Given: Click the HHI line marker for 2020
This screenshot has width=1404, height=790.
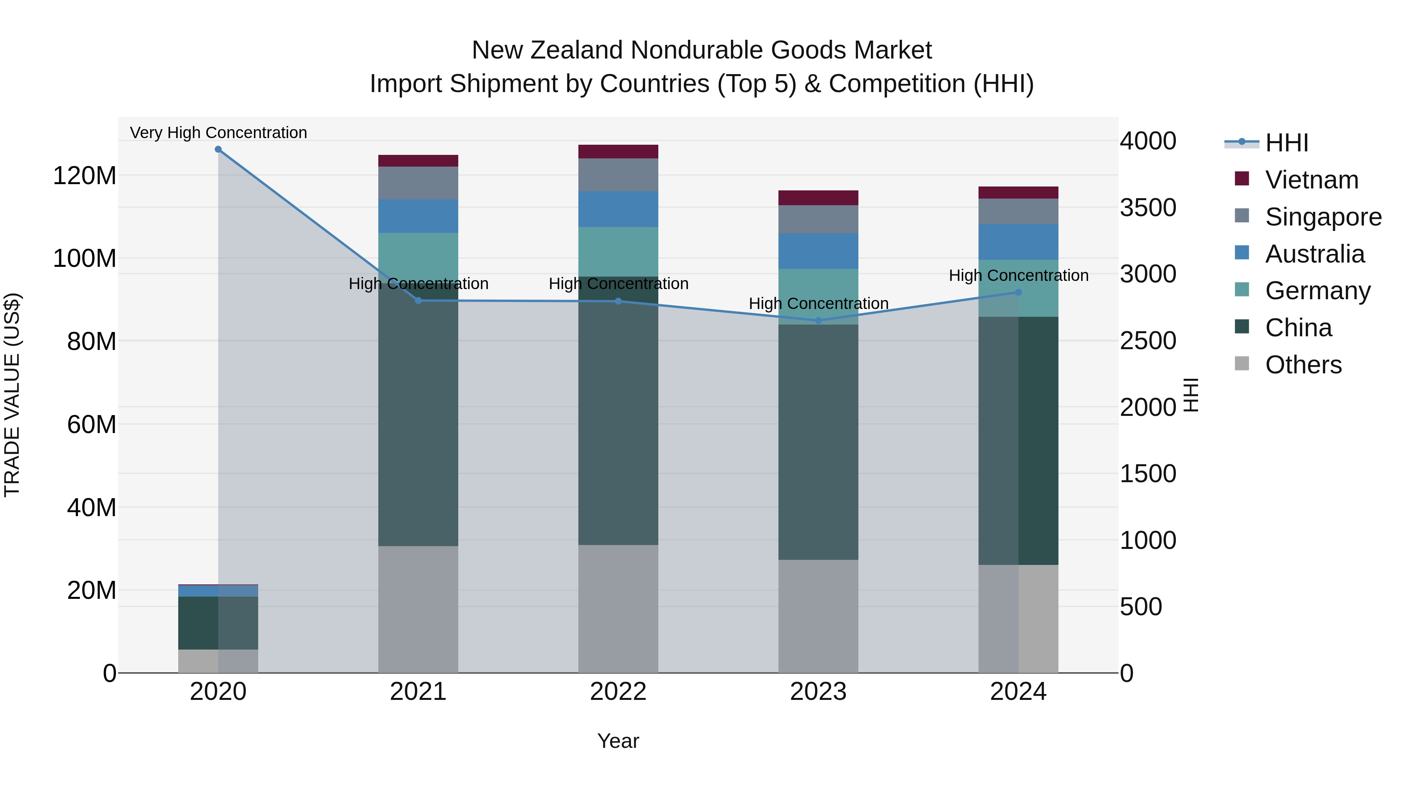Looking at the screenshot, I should pos(218,149).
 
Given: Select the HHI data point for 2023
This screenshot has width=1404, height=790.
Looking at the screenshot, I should pos(818,321).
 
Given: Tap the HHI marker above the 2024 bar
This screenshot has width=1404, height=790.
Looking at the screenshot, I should pos(1018,292).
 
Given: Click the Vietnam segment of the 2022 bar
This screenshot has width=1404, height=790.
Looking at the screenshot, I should pos(618,152).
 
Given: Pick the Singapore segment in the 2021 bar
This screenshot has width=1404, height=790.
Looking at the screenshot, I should pos(418,183).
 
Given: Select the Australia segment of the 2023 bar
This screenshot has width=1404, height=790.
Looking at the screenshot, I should pos(818,251).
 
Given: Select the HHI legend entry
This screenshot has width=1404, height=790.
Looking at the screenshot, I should pos(1286,143).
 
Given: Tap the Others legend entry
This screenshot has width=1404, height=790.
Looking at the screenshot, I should pos(1303,365).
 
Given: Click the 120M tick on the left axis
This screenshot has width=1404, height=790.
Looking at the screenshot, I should pos(85,176).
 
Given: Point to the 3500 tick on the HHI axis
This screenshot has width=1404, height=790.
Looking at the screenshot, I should pos(1148,208).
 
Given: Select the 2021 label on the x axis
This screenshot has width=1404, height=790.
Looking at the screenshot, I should pos(418,692).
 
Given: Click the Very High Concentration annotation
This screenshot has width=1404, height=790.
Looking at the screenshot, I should pos(218,133).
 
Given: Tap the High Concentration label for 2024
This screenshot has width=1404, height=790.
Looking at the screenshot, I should pos(1018,275).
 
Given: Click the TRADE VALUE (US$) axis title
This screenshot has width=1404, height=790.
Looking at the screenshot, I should pos(12,395).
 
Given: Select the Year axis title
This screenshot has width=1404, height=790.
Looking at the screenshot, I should pos(618,741).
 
